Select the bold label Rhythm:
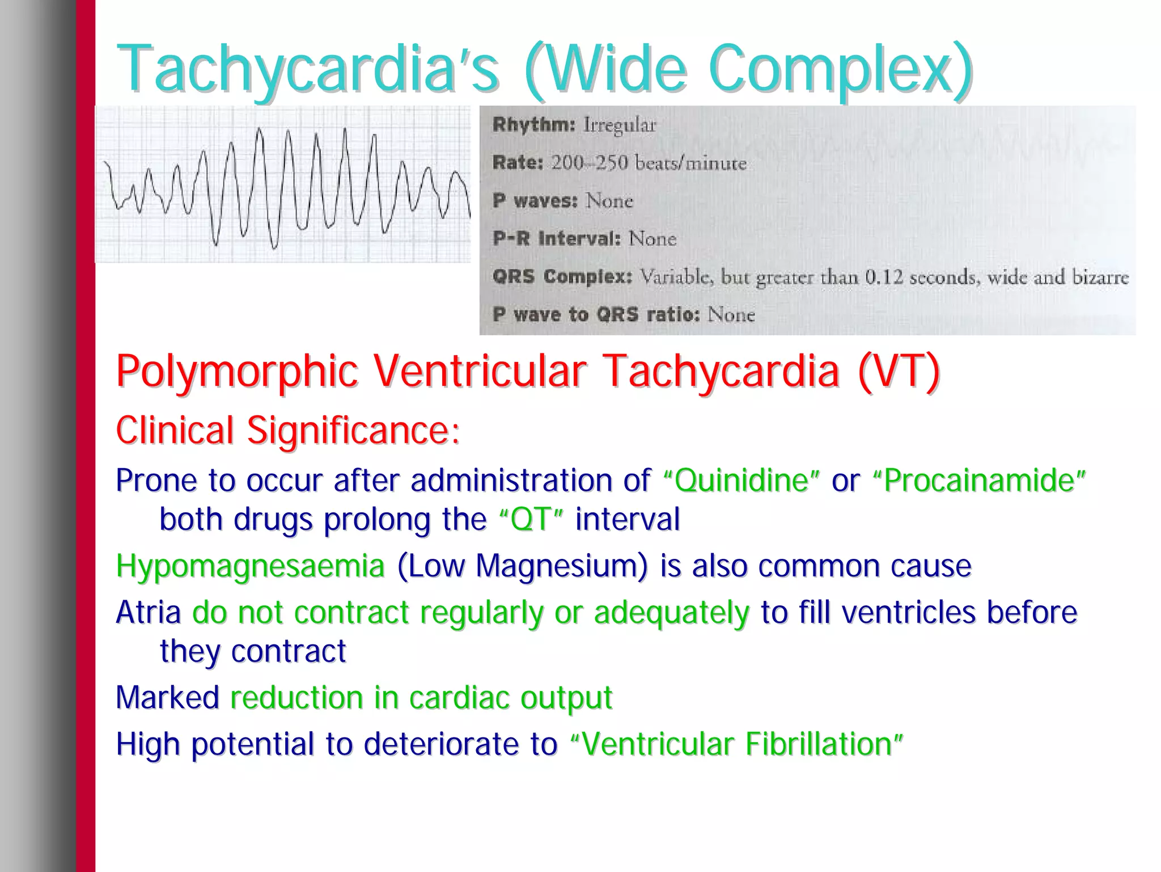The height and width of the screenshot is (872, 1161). point(533,124)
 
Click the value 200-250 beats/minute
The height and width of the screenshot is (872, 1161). point(649,163)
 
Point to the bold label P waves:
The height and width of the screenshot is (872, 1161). point(535,200)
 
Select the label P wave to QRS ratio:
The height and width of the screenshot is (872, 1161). point(596,314)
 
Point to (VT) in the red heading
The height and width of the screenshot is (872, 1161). point(899,372)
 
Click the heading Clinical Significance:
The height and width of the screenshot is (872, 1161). point(287,430)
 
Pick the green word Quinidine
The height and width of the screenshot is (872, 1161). point(741,481)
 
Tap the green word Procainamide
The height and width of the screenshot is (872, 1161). point(979,481)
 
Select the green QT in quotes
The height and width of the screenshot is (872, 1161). point(531,519)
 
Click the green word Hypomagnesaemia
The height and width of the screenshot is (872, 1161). point(250,566)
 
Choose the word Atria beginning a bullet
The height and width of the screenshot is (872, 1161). point(148,613)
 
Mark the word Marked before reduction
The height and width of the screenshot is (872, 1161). point(167,698)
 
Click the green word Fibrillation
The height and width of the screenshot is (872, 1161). point(819,744)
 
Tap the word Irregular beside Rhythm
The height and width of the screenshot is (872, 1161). point(620,125)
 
